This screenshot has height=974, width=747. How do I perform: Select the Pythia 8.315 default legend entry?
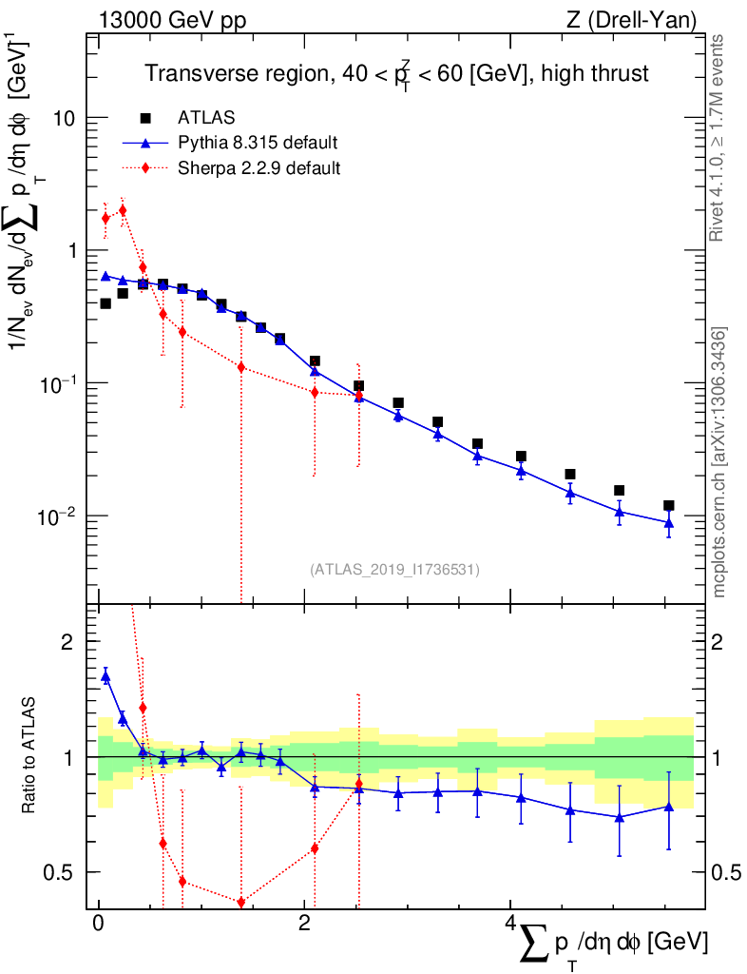(x=258, y=143)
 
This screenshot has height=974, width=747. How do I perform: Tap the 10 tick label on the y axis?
(x=67, y=119)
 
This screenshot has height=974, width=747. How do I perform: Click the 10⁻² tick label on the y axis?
(x=61, y=516)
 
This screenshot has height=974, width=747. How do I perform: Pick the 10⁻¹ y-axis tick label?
(x=61, y=383)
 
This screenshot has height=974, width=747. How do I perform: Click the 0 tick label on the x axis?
(x=98, y=925)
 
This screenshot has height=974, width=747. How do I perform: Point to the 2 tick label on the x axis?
(x=304, y=925)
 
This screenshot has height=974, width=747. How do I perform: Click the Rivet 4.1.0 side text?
(x=718, y=138)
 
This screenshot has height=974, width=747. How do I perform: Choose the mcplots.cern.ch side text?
(x=719, y=461)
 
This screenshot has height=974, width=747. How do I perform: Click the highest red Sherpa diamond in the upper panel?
(x=123, y=210)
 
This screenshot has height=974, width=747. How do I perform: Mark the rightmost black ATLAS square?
(x=669, y=506)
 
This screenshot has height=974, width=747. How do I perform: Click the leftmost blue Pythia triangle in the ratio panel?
(x=105, y=676)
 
